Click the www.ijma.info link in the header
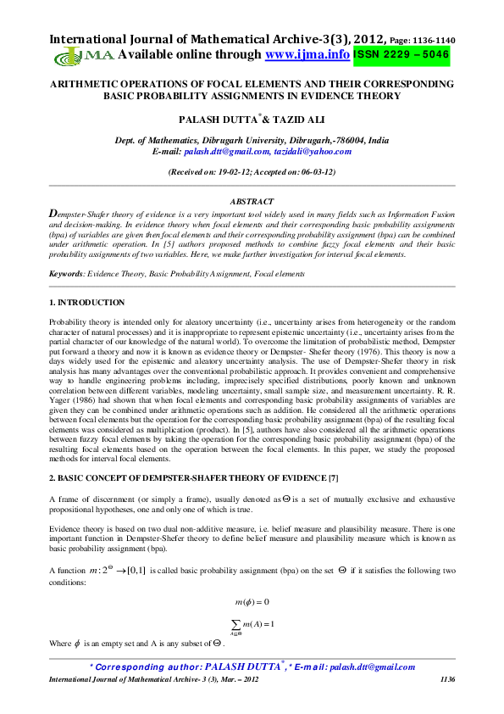click(307, 54)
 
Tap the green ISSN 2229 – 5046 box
click(401, 54)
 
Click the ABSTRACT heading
click(252, 201)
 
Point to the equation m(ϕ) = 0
click(252, 602)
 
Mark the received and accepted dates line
click(252, 172)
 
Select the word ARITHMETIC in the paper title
click(92, 85)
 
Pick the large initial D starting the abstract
click(54, 215)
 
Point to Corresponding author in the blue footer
click(144, 667)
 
